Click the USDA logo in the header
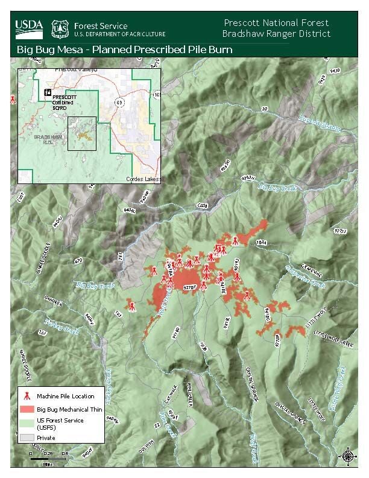(28, 26)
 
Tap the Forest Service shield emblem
(59, 27)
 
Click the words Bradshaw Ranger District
(276, 34)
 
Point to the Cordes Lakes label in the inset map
(143, 179)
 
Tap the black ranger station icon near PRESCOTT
(48, 91)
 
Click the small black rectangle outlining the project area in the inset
(81, 133)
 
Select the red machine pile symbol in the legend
(26, 397)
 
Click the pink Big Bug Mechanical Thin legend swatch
(26, 409)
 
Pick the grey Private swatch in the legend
(26, 438)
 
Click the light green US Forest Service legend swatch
(26, 422)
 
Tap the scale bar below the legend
(48, 459)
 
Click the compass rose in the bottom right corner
(348, 456)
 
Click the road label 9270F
(189, 288)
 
